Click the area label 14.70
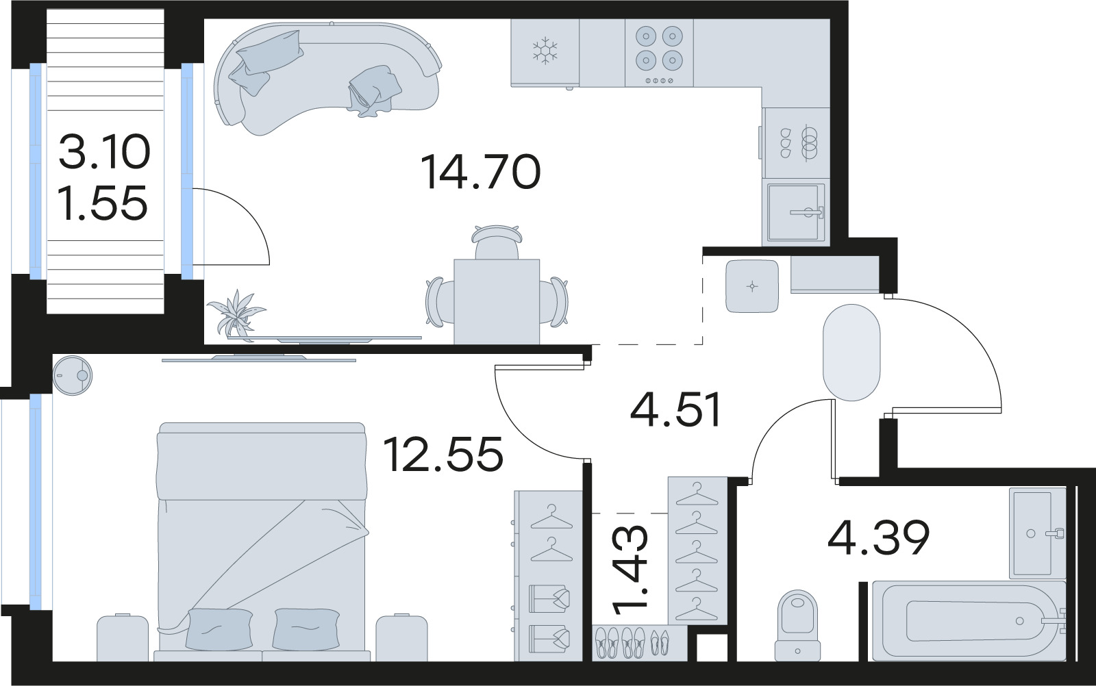coord(480,172)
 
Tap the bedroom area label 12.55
coord(443,454)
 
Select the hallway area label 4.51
coord(676,410)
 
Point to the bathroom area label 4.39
coord(878,537)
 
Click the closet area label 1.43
coord(630,570)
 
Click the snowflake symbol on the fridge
coord(546,51)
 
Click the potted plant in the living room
coord(236,312)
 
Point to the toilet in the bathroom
coord(798,623)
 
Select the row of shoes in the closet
coord(630,642)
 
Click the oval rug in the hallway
coord(851,352)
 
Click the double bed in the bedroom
coord(262,541)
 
